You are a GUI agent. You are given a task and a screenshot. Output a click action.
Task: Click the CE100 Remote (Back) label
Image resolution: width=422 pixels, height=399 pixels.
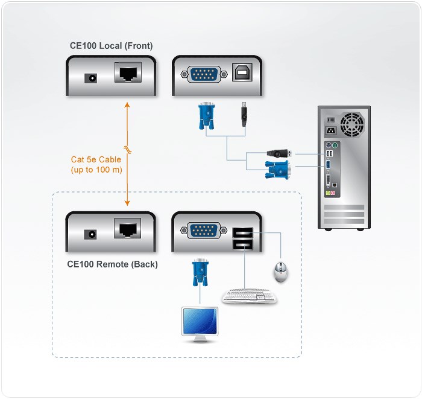pyautogui.click(x=112, y=264)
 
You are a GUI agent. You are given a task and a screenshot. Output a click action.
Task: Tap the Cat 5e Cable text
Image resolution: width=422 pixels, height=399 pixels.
pyautogui.click(x=96, y=160)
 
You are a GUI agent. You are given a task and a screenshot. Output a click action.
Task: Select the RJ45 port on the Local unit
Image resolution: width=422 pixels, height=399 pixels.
pyautogui.click(x=127, y=75)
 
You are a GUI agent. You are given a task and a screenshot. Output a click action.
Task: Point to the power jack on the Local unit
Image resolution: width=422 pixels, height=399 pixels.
pyautogui.click(x=92, y=78)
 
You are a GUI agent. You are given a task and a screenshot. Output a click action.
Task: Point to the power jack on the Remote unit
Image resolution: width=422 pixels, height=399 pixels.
pyautogui.click(x=92, y=234)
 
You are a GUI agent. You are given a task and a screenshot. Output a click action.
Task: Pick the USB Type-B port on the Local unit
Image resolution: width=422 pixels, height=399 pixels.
pyautogui.click(x=242, y=74)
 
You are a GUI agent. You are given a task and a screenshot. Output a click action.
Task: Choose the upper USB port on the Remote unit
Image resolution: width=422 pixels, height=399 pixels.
pyautogui.click(x=242, y=232)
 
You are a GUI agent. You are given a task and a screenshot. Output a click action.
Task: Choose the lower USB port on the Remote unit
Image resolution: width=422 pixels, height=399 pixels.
pyautogui.click(x=242, y=244)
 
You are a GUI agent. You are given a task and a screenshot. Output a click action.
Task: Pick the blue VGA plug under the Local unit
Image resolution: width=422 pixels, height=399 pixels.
pyautogui.click(x=206, y=116)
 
